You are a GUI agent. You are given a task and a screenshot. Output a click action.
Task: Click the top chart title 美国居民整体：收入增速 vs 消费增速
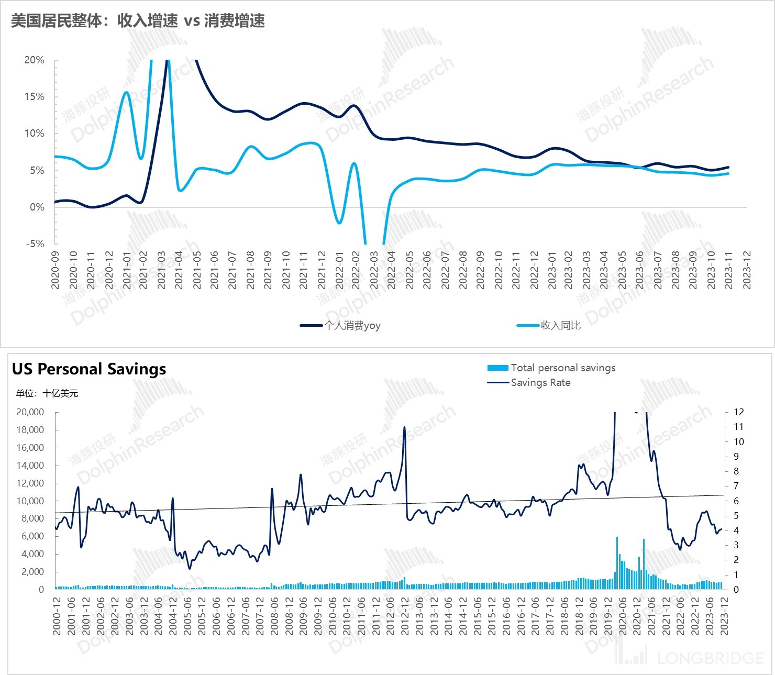point(138,21)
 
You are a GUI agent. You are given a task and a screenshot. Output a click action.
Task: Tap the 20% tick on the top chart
point(35,60)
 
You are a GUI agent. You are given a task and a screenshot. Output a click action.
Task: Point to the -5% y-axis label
point(35,244)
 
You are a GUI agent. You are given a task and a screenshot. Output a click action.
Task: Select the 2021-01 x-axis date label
point(127,270)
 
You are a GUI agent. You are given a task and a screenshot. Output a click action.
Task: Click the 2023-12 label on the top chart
point(747,270)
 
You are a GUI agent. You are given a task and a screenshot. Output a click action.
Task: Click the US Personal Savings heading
point(89,369)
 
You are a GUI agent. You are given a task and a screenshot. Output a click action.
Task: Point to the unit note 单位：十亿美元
point(47,394)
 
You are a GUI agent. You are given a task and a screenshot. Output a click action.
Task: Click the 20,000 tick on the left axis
point(30,412)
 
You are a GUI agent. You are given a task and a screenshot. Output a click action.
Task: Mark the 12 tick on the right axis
point(738,412)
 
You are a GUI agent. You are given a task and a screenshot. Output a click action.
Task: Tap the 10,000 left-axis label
point(30,501)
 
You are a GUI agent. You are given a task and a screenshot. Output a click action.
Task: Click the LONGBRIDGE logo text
point(710,658)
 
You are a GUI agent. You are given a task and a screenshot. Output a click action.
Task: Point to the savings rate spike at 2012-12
point(405,428)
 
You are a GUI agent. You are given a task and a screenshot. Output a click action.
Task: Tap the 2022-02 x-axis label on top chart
point(357,270)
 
